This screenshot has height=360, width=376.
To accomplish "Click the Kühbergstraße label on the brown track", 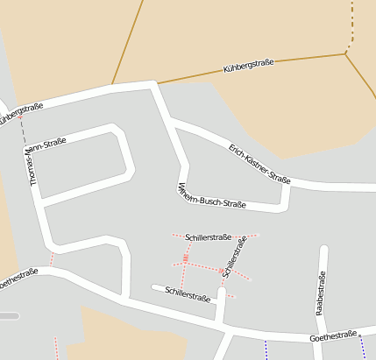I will [249, 65].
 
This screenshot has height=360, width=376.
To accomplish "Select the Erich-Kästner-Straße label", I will [259, 163].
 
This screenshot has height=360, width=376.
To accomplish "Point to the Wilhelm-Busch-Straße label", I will [211, 195].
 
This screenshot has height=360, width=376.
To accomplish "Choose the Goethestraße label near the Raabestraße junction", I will [334, 336].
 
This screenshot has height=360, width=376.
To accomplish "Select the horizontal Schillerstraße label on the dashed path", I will [209, 236].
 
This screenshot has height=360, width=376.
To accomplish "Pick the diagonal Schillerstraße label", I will [233, 258].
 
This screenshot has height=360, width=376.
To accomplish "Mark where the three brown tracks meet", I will [346, 54].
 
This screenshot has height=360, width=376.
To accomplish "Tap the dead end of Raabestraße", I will [323, 251].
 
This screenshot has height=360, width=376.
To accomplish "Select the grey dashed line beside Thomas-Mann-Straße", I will [23, 131].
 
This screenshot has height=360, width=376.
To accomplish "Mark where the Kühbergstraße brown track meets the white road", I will [158, 84].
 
